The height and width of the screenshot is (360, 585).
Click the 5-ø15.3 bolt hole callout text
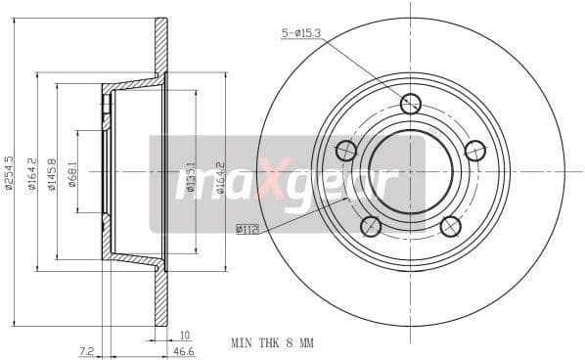pos(302,34)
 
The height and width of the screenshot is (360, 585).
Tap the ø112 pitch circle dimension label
pos(248,230)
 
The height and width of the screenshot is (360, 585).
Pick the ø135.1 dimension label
pos(191,177)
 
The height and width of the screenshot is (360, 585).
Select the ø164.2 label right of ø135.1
pos(220,177)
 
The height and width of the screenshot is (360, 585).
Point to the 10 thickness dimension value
pos(184,334)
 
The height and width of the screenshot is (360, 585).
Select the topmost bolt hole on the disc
pos(411,103)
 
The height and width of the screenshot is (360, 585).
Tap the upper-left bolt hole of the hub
pos(345,151)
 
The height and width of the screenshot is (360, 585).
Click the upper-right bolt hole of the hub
pos(475,151)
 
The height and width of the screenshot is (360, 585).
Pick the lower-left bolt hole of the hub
pos(371,226)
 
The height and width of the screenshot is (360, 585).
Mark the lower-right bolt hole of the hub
pos(450,226)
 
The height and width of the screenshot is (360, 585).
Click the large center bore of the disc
pos(411,171)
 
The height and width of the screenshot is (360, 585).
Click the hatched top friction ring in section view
pos(160,44)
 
